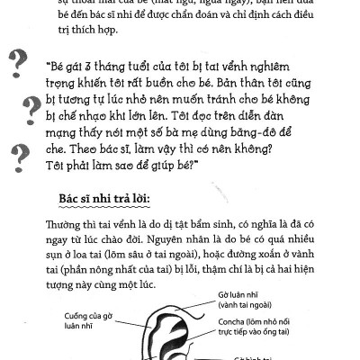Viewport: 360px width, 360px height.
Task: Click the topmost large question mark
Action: (16, 64)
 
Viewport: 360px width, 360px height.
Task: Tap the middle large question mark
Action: (32, 108)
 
